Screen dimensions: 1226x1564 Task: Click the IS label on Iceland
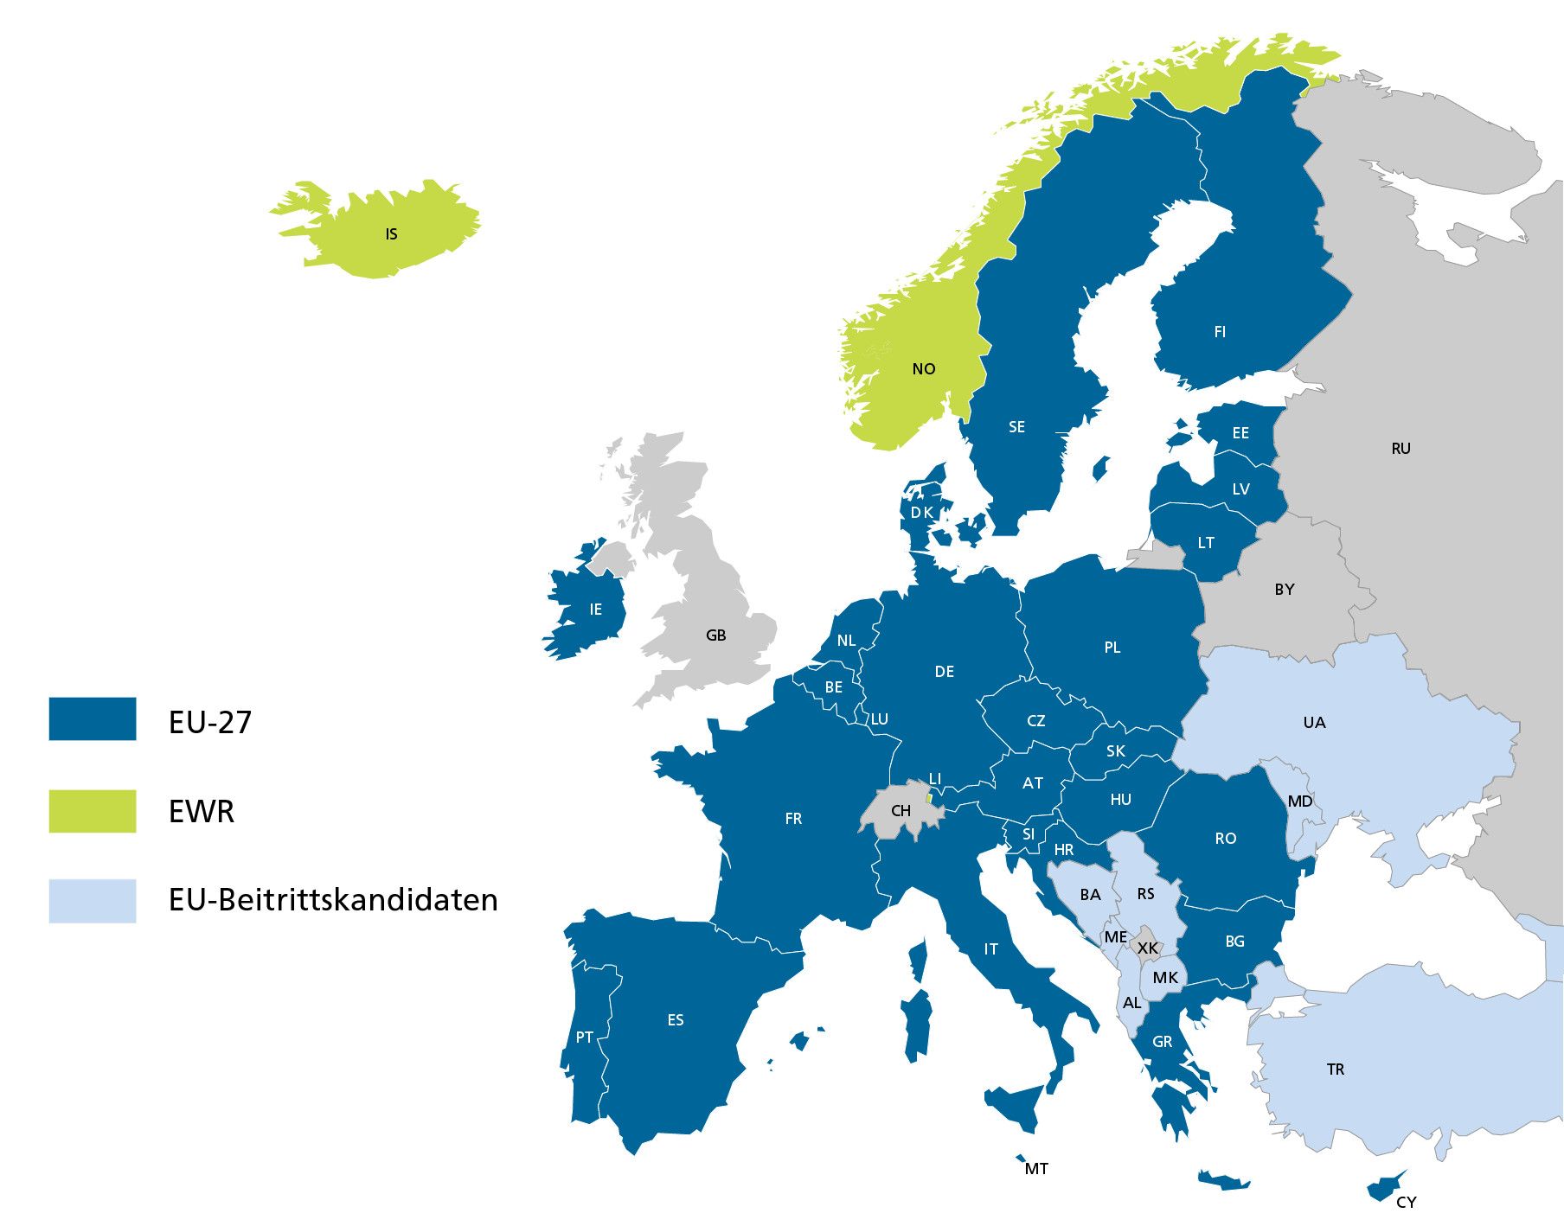click(391, 234)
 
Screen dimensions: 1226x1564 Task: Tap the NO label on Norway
click(923, 369)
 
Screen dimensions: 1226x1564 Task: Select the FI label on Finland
click(1220, 332)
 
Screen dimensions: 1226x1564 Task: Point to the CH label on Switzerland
click(901, 811)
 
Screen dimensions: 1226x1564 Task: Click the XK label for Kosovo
click(1148, 948)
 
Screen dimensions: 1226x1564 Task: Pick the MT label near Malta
click(1036, 1169)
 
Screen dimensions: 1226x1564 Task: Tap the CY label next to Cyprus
click(1407, 1202)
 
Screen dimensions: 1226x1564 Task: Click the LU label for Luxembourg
click(879, 719)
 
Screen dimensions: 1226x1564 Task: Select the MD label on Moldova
click(1300, 801)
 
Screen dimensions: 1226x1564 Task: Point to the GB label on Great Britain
click(715, 635)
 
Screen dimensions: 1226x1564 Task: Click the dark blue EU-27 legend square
click(93, 719)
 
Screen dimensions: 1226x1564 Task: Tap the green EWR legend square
click(93, 811)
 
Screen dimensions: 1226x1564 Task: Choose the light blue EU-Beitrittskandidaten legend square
click(93, 901)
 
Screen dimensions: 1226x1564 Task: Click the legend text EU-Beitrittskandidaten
click(333, 900)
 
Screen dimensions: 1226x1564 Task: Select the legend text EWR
click(202, 812)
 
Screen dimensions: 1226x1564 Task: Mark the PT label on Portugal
click(585, 1038)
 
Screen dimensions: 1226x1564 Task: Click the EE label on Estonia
click(1240, 433)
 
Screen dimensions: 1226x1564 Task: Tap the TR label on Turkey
click(1336, 1070)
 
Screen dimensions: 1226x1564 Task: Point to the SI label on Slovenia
click(1029, 834)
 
